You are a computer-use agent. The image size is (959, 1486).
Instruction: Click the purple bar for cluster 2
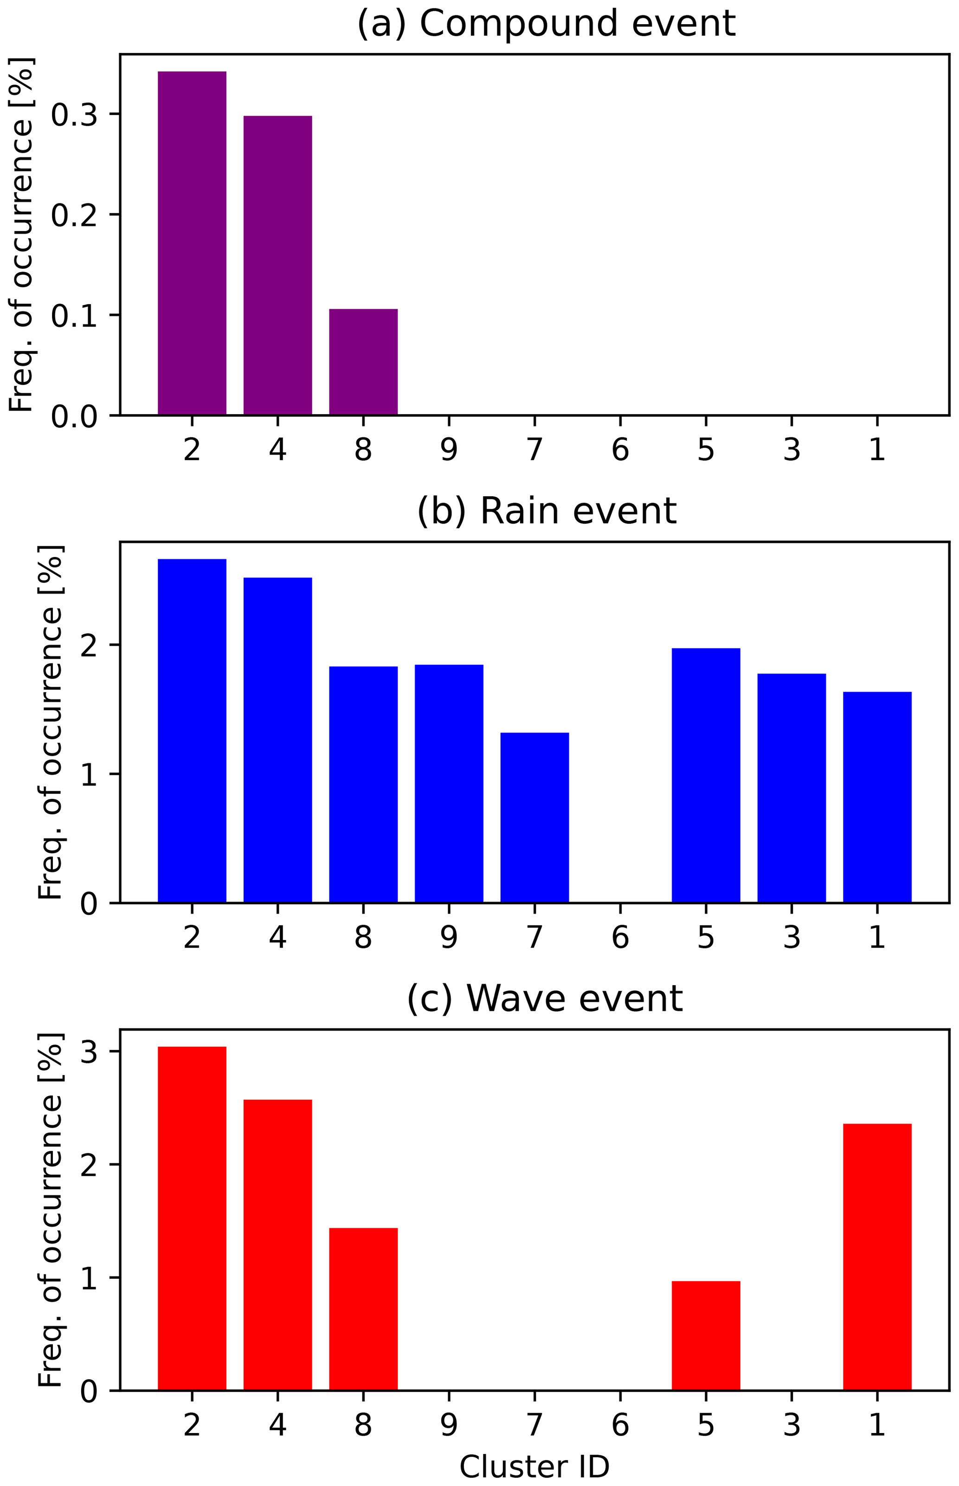(192, 243)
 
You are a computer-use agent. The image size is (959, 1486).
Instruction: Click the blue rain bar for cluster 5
(706, 775)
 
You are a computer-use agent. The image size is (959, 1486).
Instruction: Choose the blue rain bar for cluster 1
(877, 797)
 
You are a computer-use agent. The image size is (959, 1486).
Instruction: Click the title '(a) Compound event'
(546, 24)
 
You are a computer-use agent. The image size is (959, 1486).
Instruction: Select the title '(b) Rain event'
(546, 511)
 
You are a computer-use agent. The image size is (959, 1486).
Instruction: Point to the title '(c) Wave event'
(545, 998)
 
